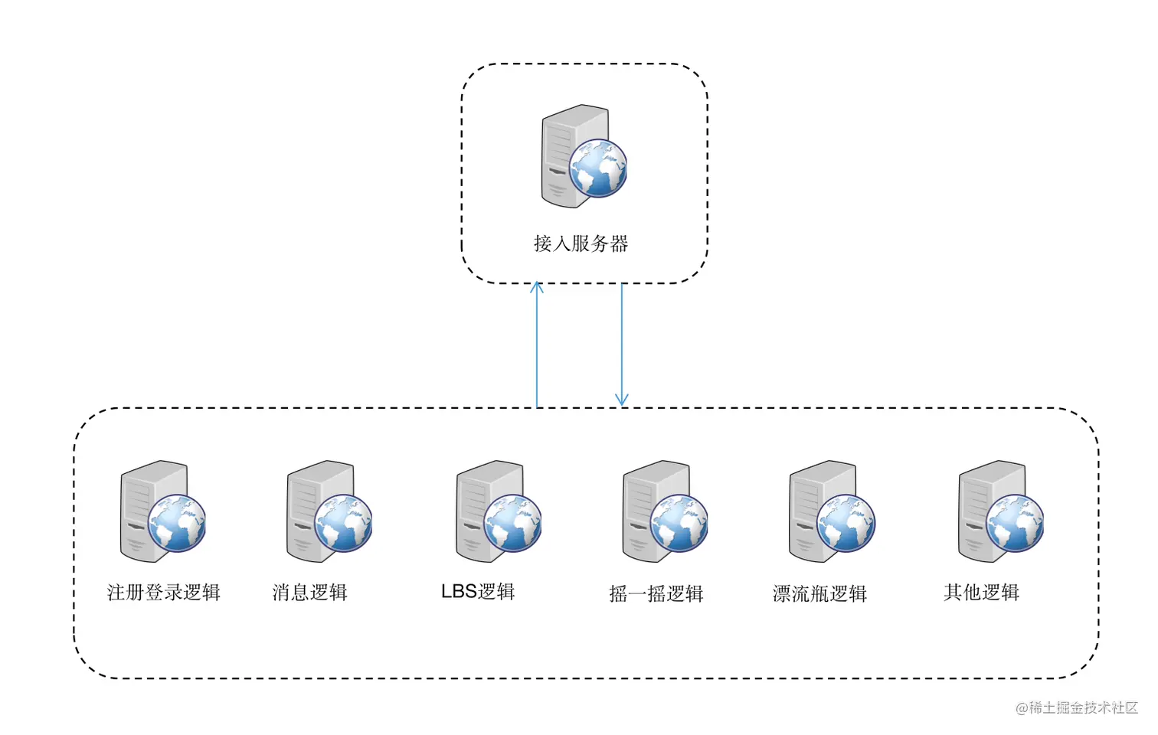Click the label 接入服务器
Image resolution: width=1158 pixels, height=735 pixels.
[581, 243]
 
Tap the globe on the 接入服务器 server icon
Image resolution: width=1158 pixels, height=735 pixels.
[597, 168]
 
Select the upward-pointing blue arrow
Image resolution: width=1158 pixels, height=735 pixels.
[537, 345]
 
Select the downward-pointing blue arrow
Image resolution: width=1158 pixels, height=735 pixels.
[622, 345]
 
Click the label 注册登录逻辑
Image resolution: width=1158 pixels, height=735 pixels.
[163, 593]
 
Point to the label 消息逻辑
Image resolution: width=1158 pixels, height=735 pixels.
[309, 593]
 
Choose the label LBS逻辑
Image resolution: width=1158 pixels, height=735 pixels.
[478, 592]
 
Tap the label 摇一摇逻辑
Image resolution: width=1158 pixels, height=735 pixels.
[656, 594]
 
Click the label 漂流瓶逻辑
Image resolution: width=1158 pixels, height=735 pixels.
[819, 594]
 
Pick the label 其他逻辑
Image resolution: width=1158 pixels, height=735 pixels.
[981, 593]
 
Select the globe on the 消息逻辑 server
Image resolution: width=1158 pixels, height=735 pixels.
[343, 524]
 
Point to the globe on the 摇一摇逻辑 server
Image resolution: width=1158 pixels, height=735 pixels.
[679, 524]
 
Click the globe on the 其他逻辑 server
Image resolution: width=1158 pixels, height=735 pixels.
[1015, 524]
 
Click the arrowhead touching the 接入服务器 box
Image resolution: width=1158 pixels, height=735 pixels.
[537, 287]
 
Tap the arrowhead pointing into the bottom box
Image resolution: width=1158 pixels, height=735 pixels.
[622, 400]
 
